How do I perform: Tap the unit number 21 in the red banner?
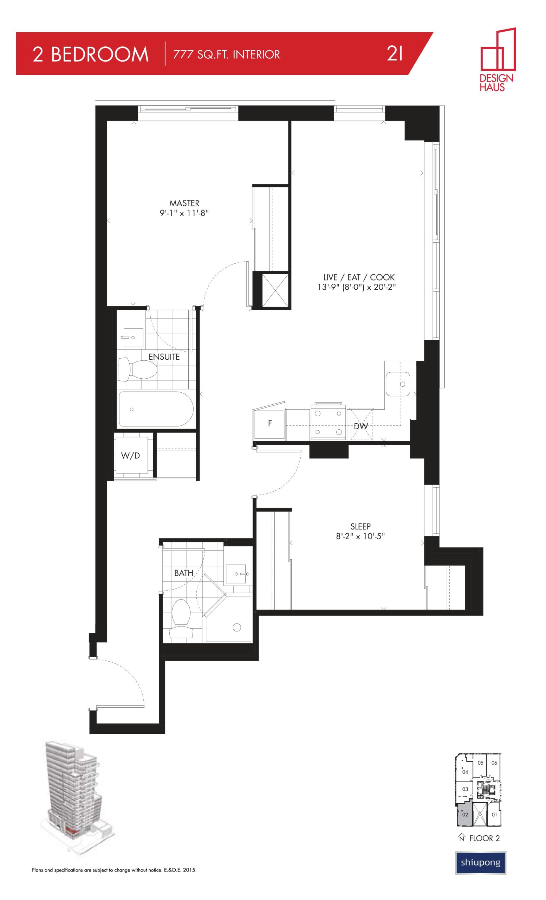tap(395, 54)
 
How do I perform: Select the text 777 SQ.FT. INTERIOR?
tap(227, 54)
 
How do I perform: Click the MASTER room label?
tap(184, 203)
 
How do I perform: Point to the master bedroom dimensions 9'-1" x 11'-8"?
tap(184, 213)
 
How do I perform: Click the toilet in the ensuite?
tap(138, 369)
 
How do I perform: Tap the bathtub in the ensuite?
tap(156, 409)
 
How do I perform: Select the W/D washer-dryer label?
tap(130, 456)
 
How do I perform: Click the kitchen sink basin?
tap(398, 384)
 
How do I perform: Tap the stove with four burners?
tap(328, 422)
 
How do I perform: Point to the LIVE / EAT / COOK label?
tap(357, 277)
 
